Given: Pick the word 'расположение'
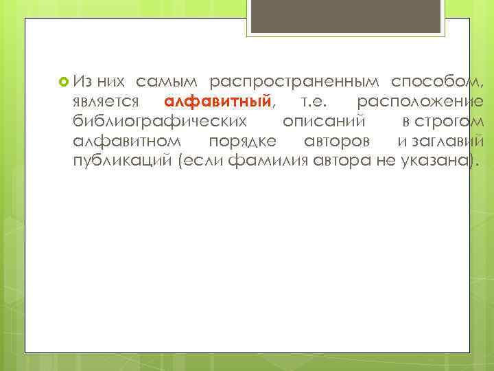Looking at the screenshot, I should [x=420, y=102].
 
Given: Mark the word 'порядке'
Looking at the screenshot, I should [x=244, y=142].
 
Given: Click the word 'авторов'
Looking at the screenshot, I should [x=337, y=142].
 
